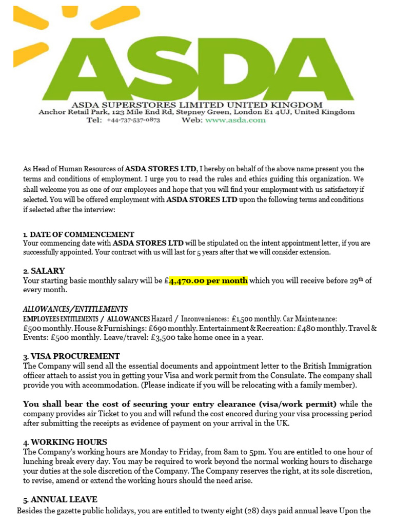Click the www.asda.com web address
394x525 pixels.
pyautogui.click(x=235, y=120)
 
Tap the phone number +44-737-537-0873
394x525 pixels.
pyautogui.click(x=133, y=120)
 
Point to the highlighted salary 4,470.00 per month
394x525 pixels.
pyautogui.click(x=208, y=280)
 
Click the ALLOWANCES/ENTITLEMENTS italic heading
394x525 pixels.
pyautogui.click(x=75, y=309)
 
